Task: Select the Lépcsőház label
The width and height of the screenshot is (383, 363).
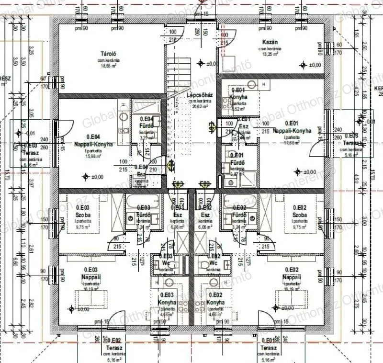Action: pos(200,95)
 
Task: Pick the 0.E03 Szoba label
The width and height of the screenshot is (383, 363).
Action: pos(83,211)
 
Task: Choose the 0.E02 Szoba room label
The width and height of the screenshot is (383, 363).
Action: pos(300,211)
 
